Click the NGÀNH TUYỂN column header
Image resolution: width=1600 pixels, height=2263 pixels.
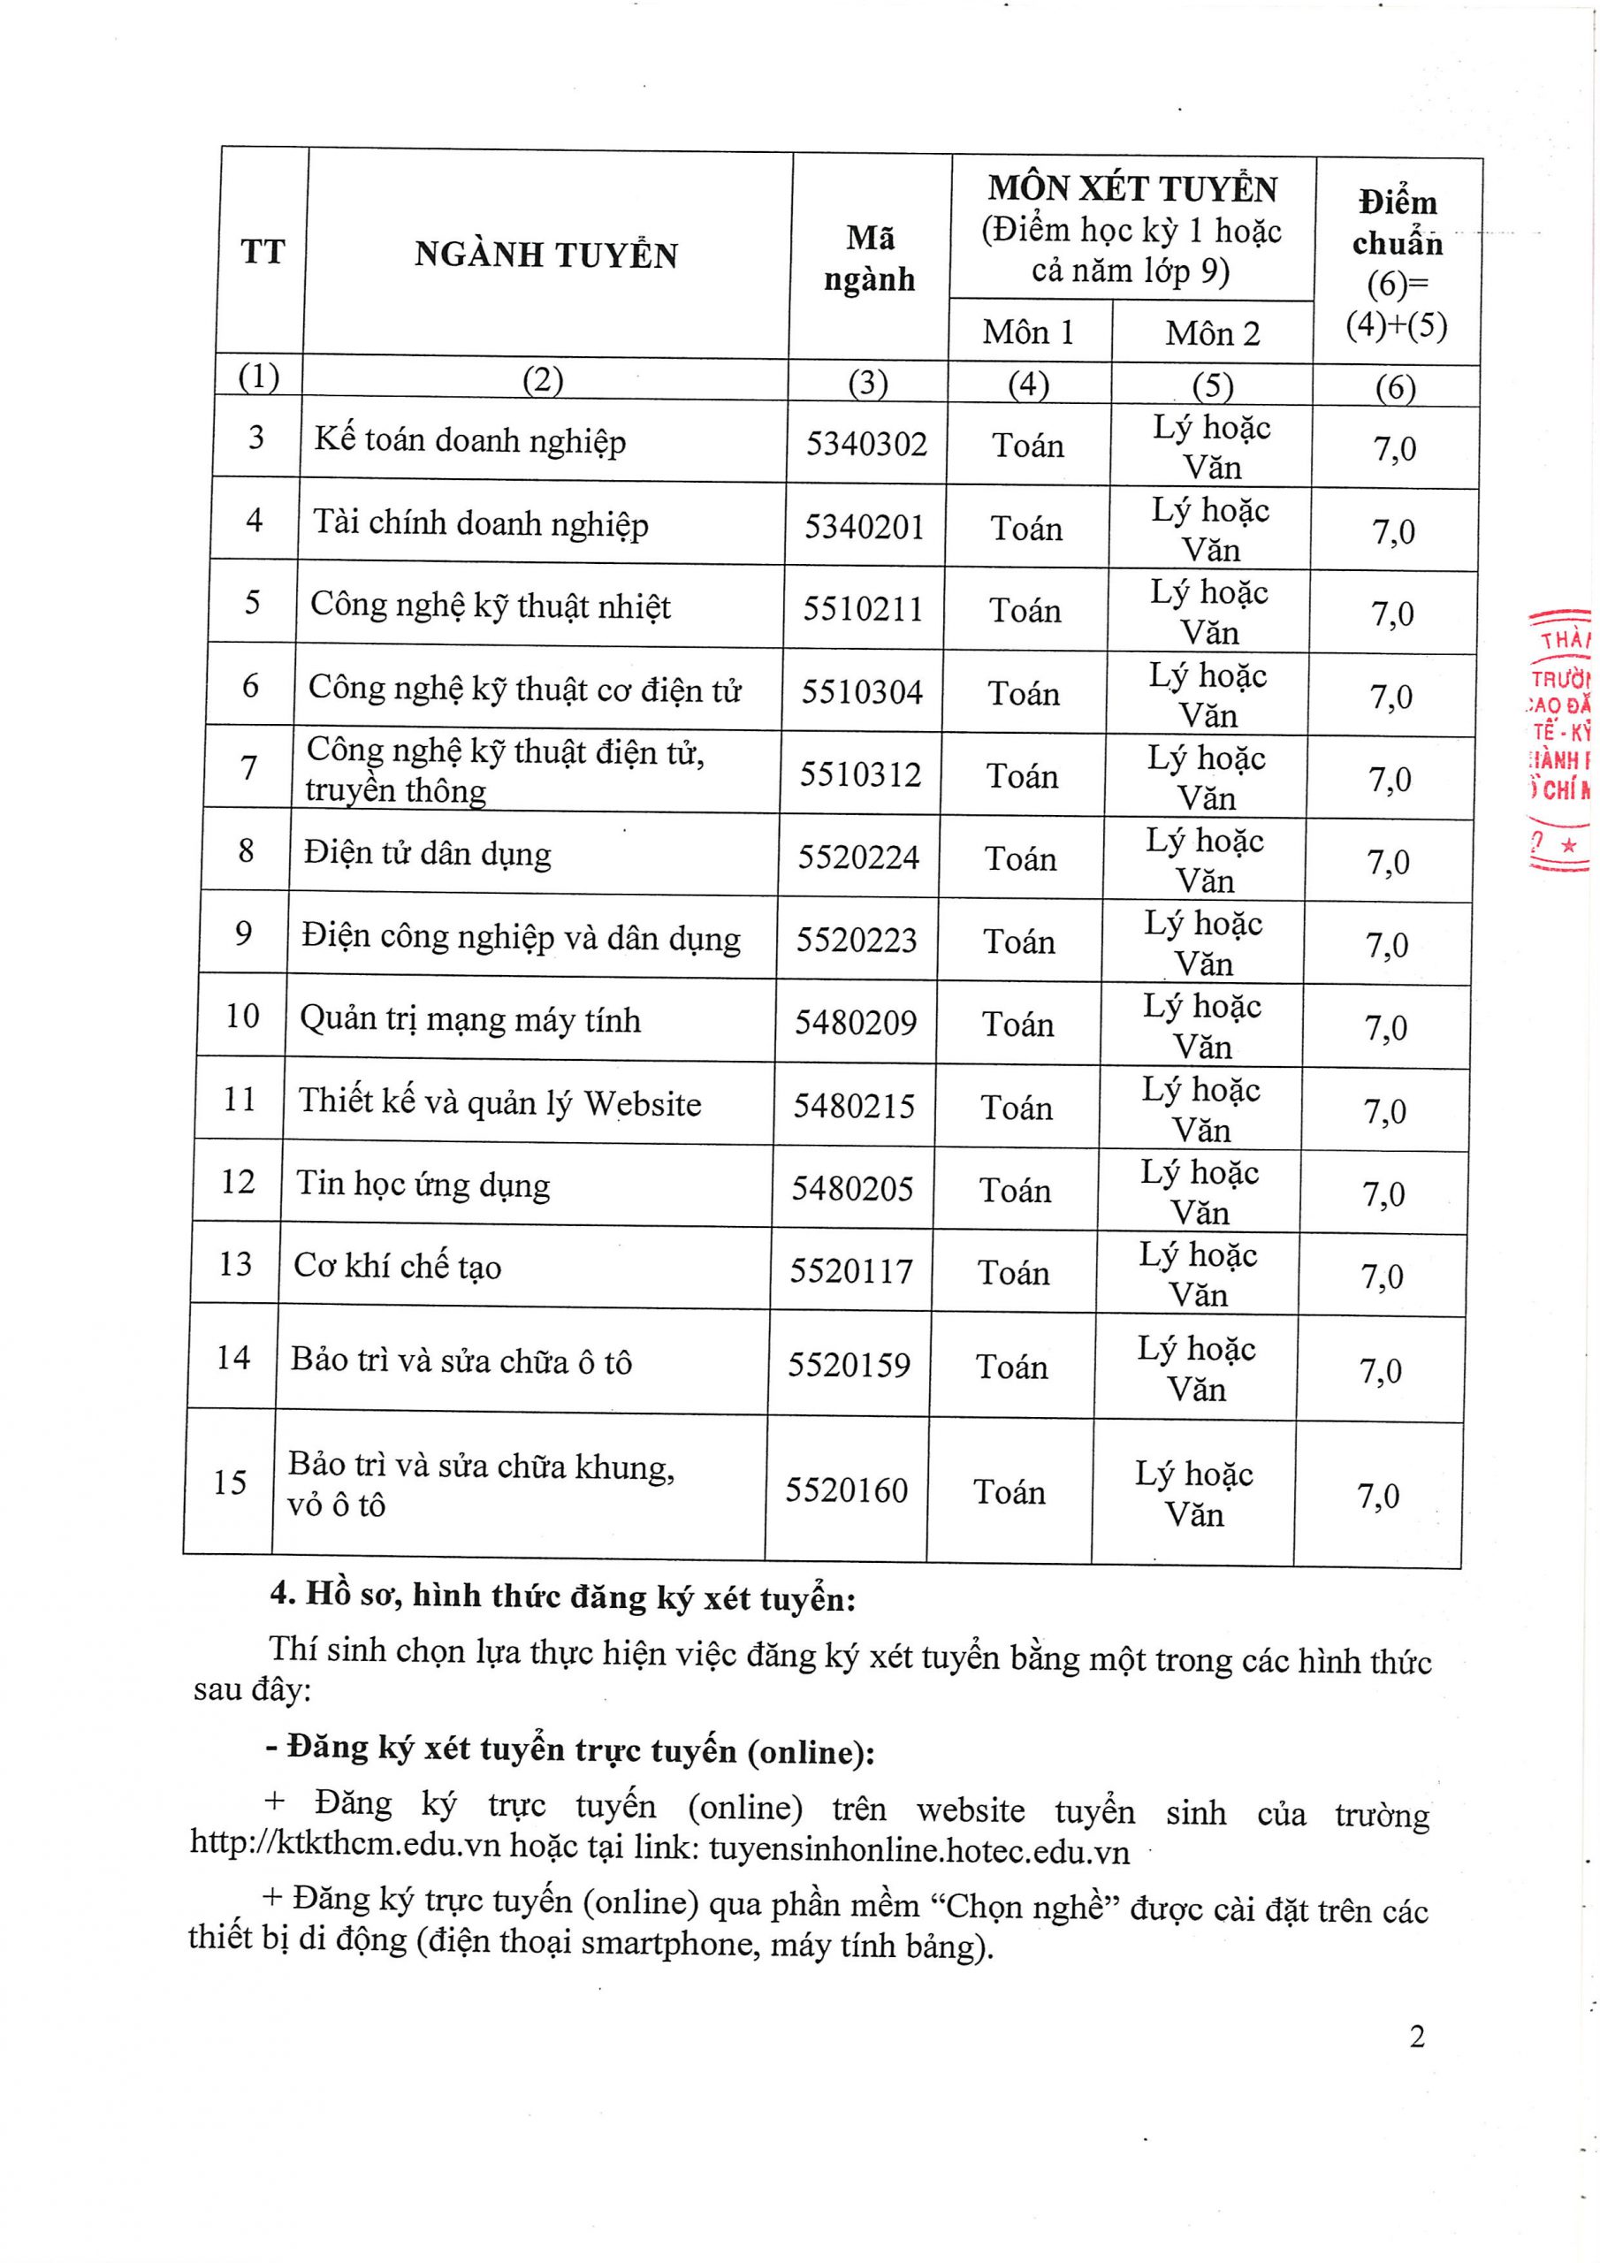point(546,255)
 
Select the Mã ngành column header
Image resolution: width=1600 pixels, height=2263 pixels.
point(870,258)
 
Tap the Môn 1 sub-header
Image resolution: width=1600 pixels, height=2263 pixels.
point(1027,332)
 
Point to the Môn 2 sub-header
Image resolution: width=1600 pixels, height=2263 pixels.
point(1213,333)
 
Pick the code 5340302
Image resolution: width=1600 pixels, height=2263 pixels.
point(866,444)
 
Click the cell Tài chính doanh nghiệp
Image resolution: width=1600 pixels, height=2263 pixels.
point(481,522)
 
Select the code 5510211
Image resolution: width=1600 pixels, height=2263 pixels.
point(863,609)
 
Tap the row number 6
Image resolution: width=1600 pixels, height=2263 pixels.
point(250,685)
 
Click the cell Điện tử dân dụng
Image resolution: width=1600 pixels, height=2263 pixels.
point(427,852)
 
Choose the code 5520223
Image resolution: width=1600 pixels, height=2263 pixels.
point(857,940)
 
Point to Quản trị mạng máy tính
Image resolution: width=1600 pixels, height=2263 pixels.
point(470,1019)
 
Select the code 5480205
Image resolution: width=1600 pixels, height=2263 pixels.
point(853,1189)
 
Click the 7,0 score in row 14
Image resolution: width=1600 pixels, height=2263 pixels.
point(1380,1370)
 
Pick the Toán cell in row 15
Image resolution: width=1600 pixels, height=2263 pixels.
point(1010,1491)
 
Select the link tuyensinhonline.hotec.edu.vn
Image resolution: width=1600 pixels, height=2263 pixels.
point(918,1851)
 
